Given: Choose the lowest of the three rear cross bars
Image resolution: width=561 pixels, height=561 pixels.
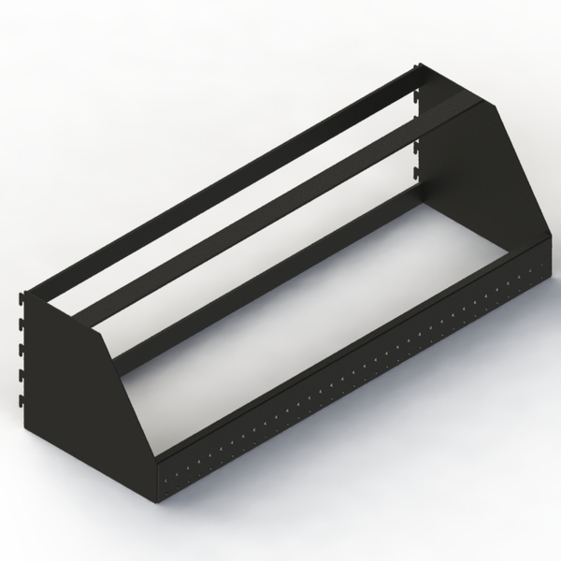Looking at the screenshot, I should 280,271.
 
